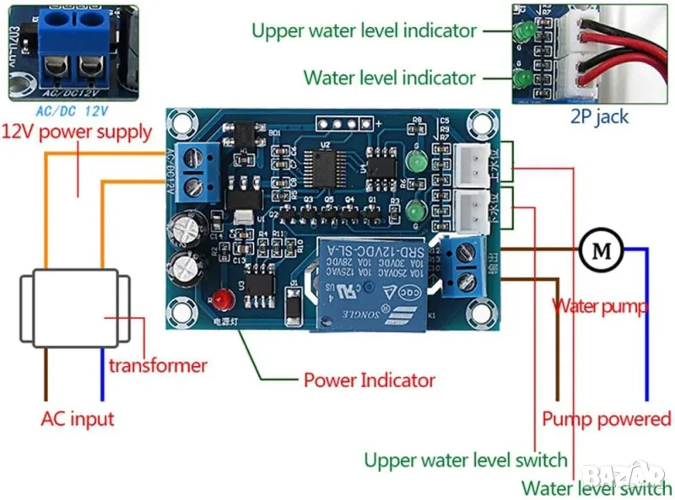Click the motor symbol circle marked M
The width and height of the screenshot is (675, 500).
click(x=601, y=250)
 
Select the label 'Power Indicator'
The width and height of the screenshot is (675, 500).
click(x=369, y=379)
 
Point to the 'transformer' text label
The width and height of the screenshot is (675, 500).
click(x=157, y=365)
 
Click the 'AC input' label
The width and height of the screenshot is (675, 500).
click(x=77, y=418)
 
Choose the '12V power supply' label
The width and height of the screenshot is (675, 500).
click(x=77, y=132)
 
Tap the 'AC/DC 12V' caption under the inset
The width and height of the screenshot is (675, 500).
click(x=73, y=110)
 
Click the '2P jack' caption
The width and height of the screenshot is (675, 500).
click(x=600, y=116)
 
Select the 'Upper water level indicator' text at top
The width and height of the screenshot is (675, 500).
click(x=364, y=31)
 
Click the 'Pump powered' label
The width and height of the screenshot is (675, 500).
click(x=606, y=419)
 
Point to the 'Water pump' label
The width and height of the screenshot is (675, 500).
click(x=600, y=306)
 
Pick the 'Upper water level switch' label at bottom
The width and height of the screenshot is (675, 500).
click(x=465, y=460)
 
